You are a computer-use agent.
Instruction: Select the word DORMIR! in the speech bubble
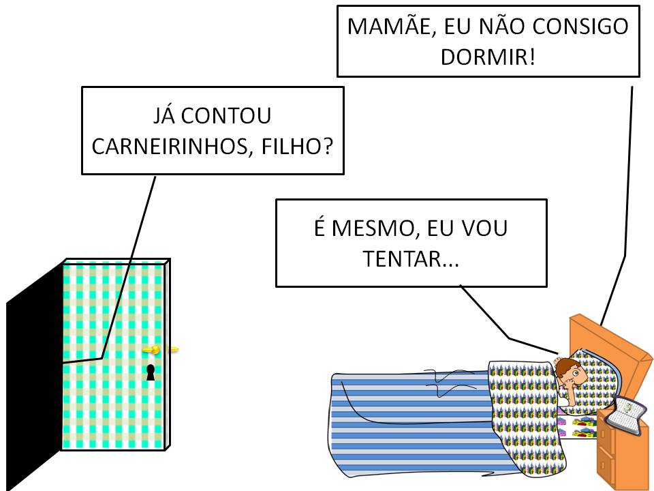[488, 56]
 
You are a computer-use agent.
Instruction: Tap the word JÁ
[166, 116]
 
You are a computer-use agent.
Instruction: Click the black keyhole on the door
[151, 372]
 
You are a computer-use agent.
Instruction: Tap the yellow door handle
[155, 350]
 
